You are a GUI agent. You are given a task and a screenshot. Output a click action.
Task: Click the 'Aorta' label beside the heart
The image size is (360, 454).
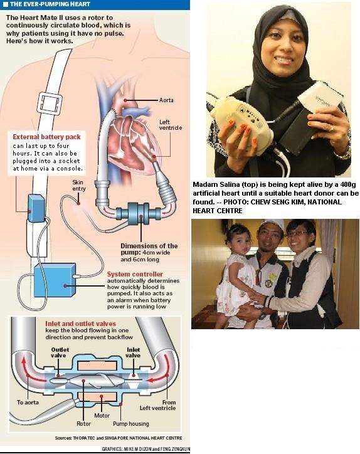[166, 100]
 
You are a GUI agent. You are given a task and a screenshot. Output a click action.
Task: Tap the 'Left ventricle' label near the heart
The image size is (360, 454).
[171, 125]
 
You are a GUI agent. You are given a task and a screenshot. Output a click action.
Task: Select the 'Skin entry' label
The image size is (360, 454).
[79, 186]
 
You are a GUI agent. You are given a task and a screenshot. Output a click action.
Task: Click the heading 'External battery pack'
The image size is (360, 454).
[46, 137]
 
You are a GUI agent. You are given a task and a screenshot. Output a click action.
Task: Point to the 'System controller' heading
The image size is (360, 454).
[135, 274]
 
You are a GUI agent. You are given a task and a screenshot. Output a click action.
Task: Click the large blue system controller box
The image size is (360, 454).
[55, 280]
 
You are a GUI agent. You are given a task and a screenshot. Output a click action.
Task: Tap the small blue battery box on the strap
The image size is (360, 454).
[36, 208]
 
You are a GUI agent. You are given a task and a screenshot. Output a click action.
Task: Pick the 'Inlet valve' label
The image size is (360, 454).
[133, 352]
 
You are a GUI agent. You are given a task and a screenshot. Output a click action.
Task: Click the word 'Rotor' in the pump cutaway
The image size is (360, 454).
[83, 424]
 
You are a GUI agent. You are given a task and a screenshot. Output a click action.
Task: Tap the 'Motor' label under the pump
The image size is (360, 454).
[102, 416]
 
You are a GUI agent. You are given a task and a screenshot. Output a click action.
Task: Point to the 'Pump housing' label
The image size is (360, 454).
[131, 424]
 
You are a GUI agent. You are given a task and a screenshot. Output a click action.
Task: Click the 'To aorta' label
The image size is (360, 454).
[28, 402]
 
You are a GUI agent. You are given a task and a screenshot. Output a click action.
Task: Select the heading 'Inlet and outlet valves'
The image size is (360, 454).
[80, 324]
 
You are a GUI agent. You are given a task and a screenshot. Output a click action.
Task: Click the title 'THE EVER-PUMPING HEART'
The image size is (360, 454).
[50, 4]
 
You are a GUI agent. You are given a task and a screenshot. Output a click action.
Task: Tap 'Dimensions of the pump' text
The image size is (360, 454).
[149, 249]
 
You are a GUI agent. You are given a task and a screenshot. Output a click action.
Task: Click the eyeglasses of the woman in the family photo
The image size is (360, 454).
[297, 233]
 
